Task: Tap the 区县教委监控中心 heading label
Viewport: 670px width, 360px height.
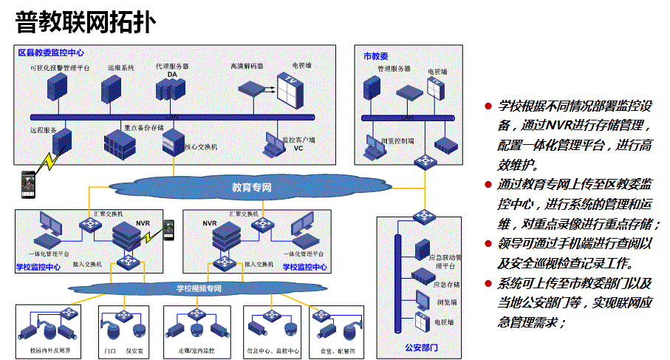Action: point(51,53)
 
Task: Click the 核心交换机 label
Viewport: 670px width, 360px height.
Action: point(201,147)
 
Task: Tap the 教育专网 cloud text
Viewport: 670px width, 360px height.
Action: point(251,188)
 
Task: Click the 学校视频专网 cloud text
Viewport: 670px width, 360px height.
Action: point(199,288)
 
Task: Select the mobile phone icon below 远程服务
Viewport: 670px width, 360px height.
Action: point(28,180)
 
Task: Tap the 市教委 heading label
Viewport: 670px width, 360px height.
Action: point(375,56)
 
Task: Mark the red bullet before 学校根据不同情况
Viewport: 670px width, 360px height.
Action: point(488,106)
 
